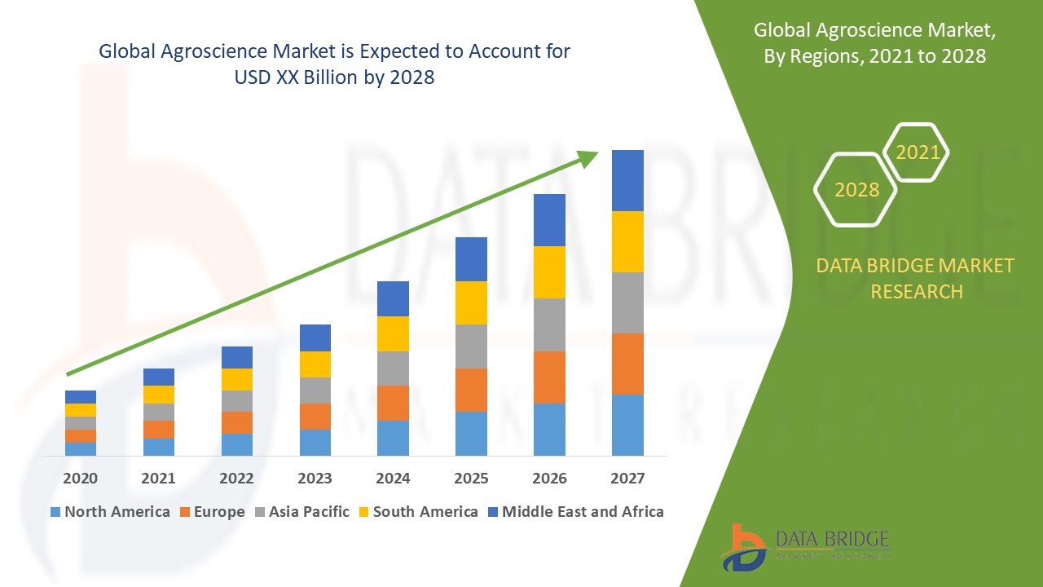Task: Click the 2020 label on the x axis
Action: pyautogui.click(x=81, y=478)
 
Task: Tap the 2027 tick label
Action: pyautogui.click(x=627, y=478)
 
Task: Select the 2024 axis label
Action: pyautogui.click(x=393, y=478)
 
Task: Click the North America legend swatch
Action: pyautogui.click(x=55, y=512)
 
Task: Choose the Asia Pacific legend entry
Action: pyautogui.click(x=306, y=512)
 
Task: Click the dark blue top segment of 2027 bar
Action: pyautogui.click(x=627, y=180)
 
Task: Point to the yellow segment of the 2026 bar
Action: pyautogui.click(x=549, y=272)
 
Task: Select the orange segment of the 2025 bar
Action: pyautogui.click(x=471, y=390)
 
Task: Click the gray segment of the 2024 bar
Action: pyautogui.click(x=393, y=369)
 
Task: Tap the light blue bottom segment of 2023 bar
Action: pyautogui.click(x=315, y=442)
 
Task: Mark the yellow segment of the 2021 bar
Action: pyautogui.click(x=159, y=395)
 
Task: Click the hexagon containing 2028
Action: pyautogui.click(x=856, y=189)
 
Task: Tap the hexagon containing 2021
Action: pyautogui.click(x=917, y=152)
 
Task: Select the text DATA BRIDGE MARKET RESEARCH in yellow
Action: pyautogui.click(x=916, y=278)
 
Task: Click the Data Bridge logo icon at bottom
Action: pyautogui.click(x=744, y=546)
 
